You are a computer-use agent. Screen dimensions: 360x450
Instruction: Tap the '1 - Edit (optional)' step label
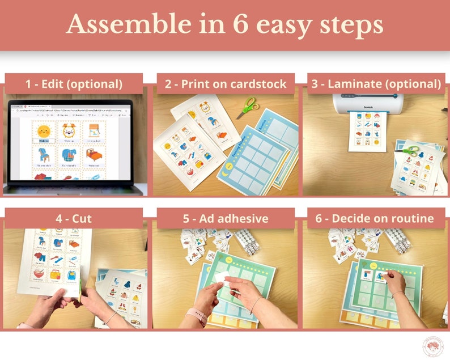click(74, 84)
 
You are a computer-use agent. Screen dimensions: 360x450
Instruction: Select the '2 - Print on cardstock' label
click(225, 84)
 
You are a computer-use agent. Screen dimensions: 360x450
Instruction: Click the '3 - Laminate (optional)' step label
click(376, 84)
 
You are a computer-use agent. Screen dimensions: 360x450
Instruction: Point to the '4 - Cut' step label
click(74, 218)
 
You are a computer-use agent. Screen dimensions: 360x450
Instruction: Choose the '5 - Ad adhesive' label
click(225, 218)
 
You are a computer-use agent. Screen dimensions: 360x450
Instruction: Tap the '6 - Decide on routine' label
click(376, 218)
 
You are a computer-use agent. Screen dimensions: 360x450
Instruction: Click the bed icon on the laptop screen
click(94, 154)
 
